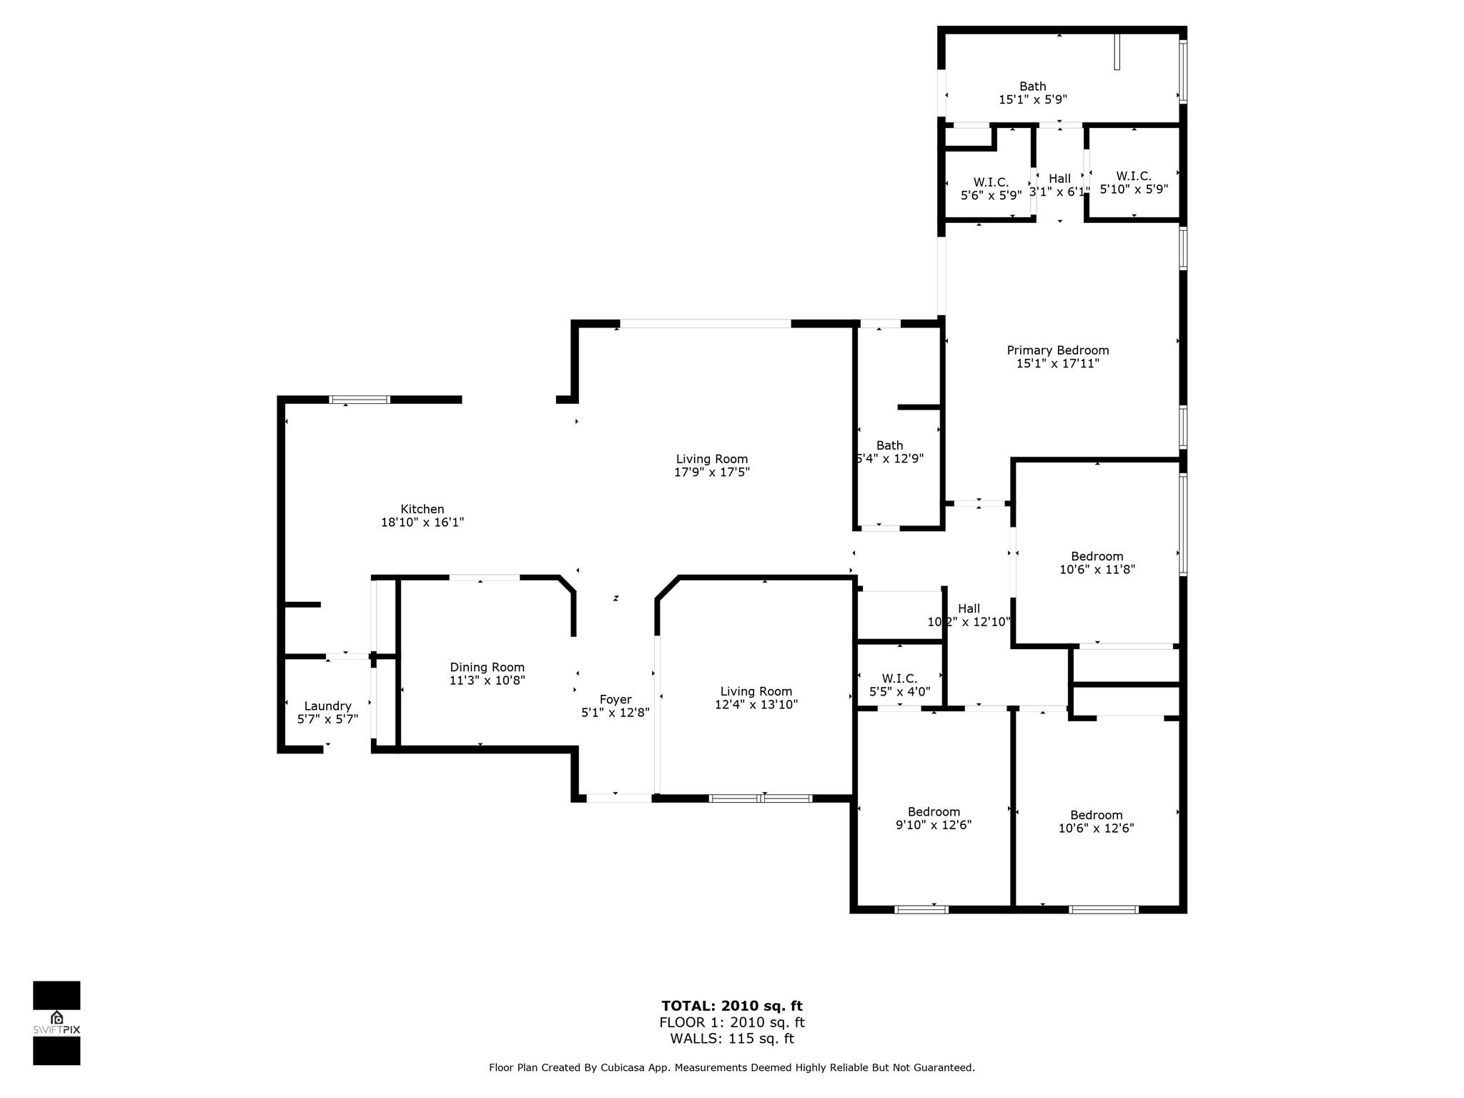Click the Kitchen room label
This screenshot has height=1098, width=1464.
click(422, 509)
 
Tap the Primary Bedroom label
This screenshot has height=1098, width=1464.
click(1058, 350)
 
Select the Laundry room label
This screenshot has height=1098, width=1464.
click(327, 706)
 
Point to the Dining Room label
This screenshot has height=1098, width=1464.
click(487, 668)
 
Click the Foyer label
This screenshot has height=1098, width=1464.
click(615, 700)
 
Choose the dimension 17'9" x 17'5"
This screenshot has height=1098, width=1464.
click(712, 473)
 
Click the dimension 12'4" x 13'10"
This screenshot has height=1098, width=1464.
click(756, 705)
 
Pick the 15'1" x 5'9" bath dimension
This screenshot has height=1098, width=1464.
click(1033, 100)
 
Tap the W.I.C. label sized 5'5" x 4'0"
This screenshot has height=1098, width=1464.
click(899, 678)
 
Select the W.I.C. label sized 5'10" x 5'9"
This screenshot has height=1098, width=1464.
click(1134, 176)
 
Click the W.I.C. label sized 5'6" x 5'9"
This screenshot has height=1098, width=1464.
click(991, 182)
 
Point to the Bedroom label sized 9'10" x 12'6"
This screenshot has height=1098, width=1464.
click(934, 812)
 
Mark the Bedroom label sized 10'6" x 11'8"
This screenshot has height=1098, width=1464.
click(1097, 556)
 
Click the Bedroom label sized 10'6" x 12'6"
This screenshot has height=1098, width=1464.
click(1096, 815)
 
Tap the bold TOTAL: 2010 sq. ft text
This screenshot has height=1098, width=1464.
click(732, 1006)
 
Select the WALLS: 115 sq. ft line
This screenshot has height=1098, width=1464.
click(732, 1039)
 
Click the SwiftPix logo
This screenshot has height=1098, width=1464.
click(56, 1024)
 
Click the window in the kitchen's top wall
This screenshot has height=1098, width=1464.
click(360, 400)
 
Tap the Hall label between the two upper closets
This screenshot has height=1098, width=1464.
click(1059, 179)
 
